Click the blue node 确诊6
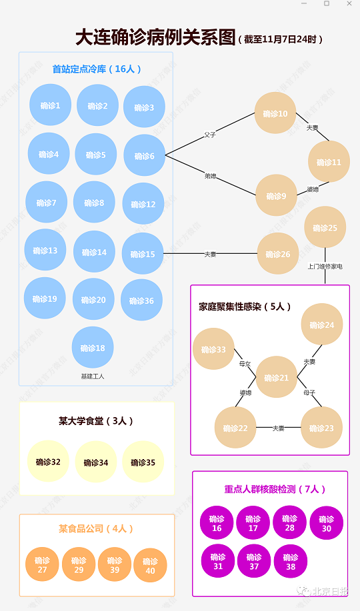pyautogui.click(x=144, y=156)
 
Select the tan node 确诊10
pyautogui.click(x=275, y=114)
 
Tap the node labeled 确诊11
pyautogui.click(x=329, y=162)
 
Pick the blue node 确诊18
pyautogui.click(x=93, y=347)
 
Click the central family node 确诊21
pyautogui.click(x=276, y=378)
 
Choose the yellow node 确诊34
pyautogui.click(x=96, y=462)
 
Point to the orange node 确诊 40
pyautogui.click(x=150, y=565)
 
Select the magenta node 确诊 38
pyautogui.click(x=290, y=562)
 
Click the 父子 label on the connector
pyautogui.click(x=210, y=135)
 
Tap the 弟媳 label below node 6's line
pyautogui.click(x=211, y=176)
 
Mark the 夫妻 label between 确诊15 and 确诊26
pyautogui.click(x=210, y=254)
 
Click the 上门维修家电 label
pyautogui.click(x=325, y=267)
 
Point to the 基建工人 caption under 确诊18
pyautogui.click(x=93, y=376)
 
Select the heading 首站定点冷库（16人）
pyautogui.click(x=97, y=69)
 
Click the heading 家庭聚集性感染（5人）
pyautogui.click(x=245, y=306)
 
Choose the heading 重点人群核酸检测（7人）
pyautogui.click(x=275, y=489)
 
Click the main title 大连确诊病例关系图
pyautogui.click(x=155, y=37)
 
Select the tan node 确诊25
pyautogui.click(x=325, y=228)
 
